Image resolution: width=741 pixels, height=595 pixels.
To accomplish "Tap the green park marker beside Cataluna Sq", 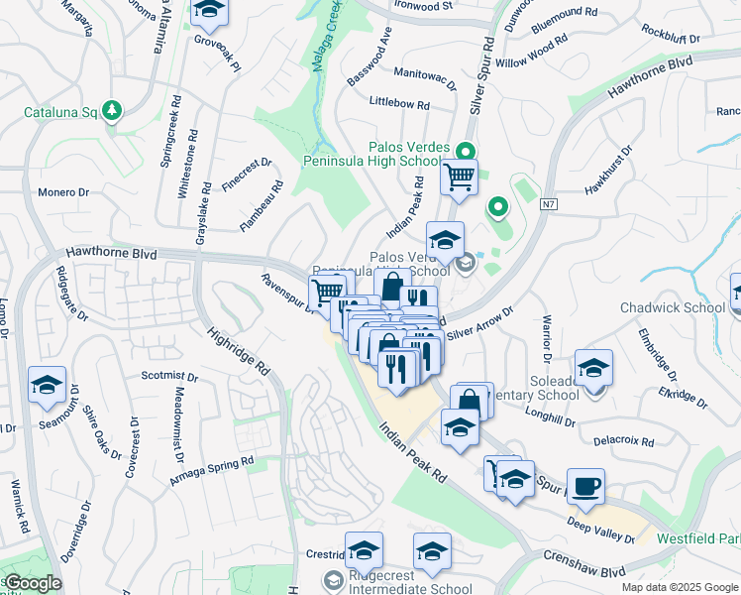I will pyautogui.click(x=113, y=109).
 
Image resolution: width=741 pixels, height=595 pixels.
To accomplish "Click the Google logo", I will pyautogui.click(x=32, y=583).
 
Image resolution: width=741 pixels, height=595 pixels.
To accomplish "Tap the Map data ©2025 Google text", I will pyautogui.click(x=680, y=587).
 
